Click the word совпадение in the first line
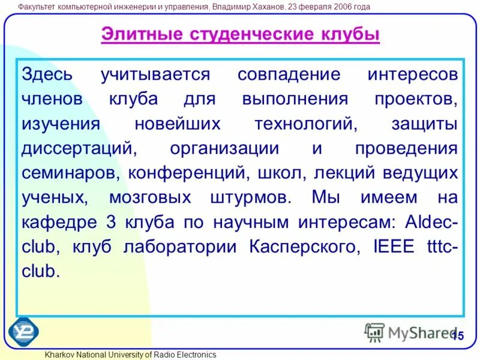tap(289, 75)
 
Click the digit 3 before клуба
tap(110, 222)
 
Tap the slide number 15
tap(457, 336)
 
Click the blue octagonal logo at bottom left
tap(24, 331)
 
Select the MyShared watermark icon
tap(374, 332)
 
